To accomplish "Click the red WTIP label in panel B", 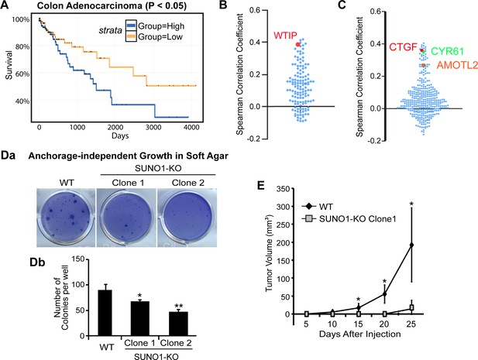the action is [285, 36].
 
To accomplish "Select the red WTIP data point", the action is [297, 44].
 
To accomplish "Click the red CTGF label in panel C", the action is [404, 47].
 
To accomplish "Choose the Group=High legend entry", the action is [155, 26].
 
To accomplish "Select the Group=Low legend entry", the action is [154, 37].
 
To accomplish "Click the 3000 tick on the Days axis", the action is [153, 128].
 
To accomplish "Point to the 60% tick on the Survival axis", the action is [22, 74].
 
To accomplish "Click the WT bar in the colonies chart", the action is [105, 313].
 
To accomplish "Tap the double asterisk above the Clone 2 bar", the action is [179, 306].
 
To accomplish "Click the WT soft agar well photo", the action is [66, 218].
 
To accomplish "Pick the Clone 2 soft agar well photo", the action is [187, 218].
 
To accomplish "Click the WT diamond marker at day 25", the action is [411, 245].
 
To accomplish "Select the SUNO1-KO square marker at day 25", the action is [411, 307].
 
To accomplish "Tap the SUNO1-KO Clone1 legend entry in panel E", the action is [349, 218].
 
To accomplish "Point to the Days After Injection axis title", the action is [359, 334].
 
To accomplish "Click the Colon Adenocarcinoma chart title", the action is [112, 5].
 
